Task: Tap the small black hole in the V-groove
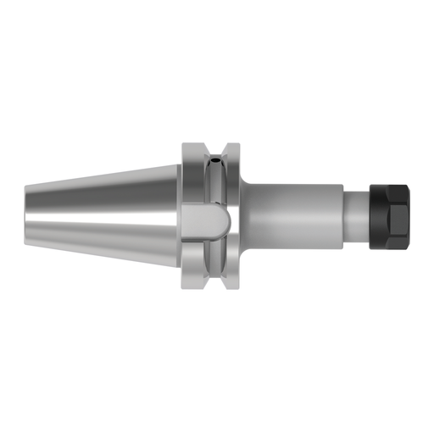[x=219, y=157]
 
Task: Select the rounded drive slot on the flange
[x=209, y=222]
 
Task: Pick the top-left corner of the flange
[x=182, y=142]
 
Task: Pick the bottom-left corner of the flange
[x=182, y=287]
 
